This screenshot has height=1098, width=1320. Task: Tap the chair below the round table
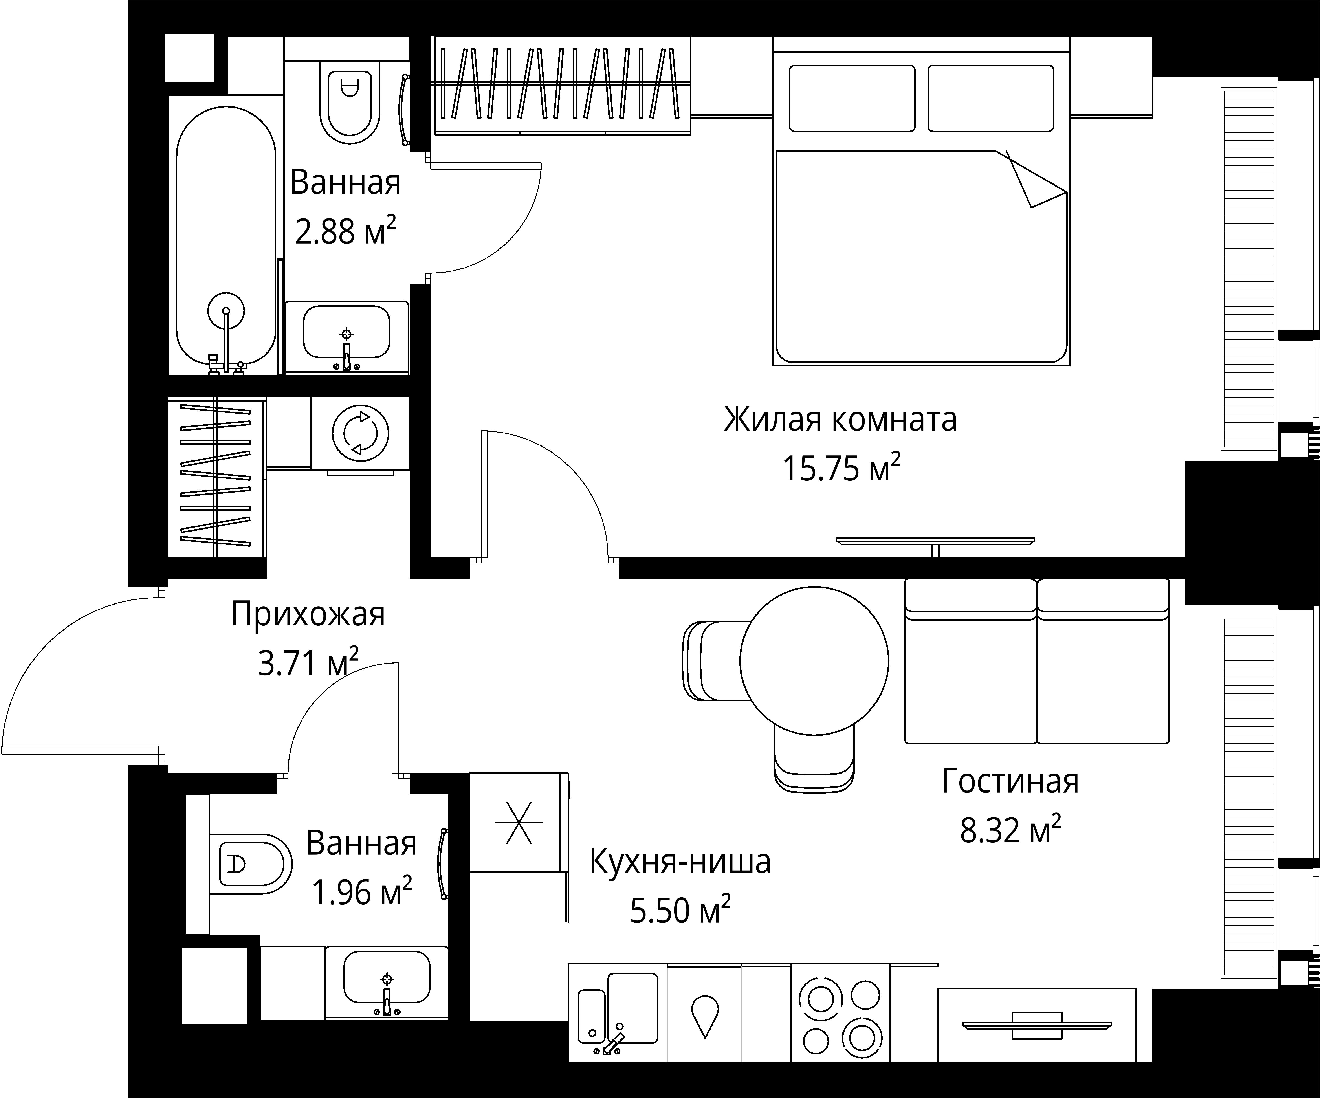814,761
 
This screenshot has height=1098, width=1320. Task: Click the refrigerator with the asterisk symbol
519,822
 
